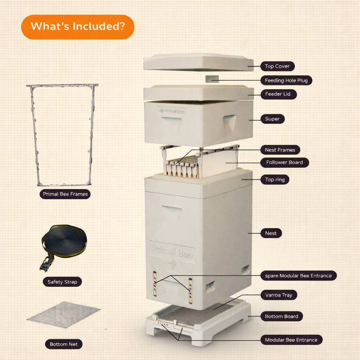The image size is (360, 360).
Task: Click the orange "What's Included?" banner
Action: (x=78, y=27)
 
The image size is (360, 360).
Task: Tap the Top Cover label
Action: (x=277, y=66)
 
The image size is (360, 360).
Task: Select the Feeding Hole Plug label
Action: (x=286, y=81)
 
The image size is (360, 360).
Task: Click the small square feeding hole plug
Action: (x=212, y=79)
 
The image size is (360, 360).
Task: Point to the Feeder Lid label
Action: (x=278, y=94)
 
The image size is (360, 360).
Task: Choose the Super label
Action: (x=272, y=119)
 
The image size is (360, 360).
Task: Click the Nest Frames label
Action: (x=280, y=150)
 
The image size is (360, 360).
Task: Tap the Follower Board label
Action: (x=284, y=162)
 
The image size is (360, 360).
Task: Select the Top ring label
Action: (x=275, y=180)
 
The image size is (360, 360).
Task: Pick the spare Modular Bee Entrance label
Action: (x=298, y=276)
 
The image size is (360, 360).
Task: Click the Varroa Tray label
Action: (x=279, y=295)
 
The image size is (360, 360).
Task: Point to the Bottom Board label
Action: (x=282, y=316)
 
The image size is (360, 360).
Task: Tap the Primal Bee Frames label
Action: (x=65, y=194)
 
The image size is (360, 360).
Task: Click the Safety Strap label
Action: (x=62, y=282)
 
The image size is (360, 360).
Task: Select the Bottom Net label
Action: (x=64, y=344)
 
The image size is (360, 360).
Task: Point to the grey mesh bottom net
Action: (x=64, y=315)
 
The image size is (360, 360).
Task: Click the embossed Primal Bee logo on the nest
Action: (x=172, y=252)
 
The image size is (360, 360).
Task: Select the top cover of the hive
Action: (x=198, y=62)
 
